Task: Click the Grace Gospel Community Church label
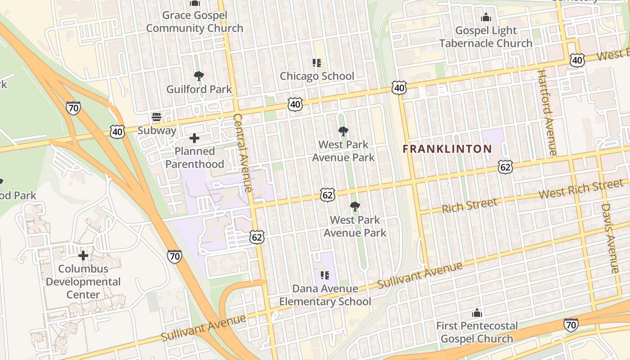[x=194, y=22]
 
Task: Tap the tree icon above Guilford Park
[x=198, y=76]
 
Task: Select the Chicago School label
[x=317, y=76]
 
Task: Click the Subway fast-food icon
[x=157, y=117]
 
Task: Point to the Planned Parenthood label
[x=194, y=157]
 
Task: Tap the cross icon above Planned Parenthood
[x=194, y=138]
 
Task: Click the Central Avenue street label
[x=243, y=153]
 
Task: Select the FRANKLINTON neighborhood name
[x=447, y=149]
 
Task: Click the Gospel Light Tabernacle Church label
[x=486, y=37]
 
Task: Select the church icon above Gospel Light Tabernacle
[x=486, y=18]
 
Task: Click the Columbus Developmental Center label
[x=83, y=282]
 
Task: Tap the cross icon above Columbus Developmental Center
[x=83, y=256]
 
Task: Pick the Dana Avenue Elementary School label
[x=325, y=295]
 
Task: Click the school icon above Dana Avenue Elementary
[x=325, y=275]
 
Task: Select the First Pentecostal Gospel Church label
[x=477, y=332]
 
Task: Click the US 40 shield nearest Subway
[x=117, y=132]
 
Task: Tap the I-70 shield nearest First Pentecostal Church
[x=571, y=324]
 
